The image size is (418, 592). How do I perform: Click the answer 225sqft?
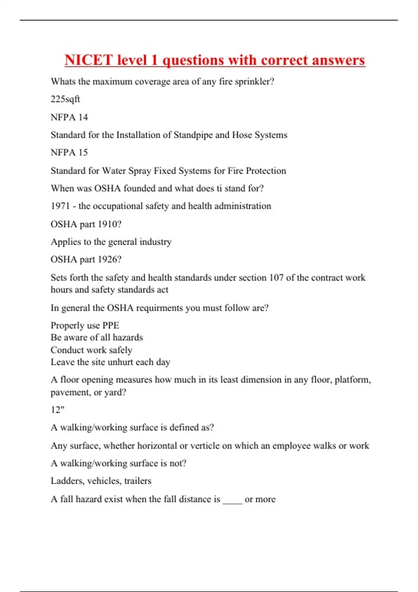(x=65, y=99)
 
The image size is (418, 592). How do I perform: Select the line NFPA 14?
(x=69, y=117)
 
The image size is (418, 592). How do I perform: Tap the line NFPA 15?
(x=69, y=153)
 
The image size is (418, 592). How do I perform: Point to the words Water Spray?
(x=126, y=171)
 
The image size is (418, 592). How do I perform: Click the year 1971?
(x=60, y=206)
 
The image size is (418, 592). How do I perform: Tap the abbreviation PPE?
(x=110, y=325)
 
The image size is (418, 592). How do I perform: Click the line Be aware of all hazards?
(x=96, y=337)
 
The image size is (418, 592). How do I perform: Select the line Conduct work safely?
(x=91, y=350)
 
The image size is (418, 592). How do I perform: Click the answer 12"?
(x=57, y=410)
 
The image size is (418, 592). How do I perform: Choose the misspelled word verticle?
(x=207, y=446)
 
